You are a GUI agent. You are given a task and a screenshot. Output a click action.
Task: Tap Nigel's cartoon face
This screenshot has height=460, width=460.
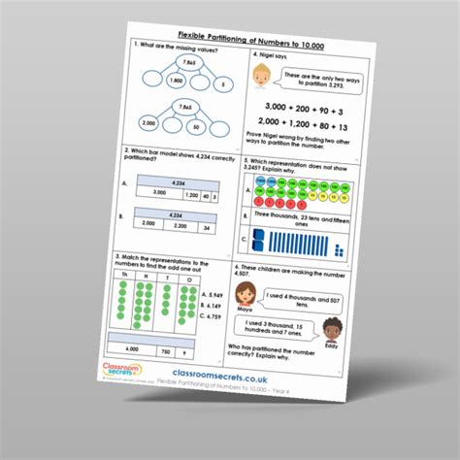click(260, 77)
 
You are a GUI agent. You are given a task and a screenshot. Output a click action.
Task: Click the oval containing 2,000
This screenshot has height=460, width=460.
click(148, 123)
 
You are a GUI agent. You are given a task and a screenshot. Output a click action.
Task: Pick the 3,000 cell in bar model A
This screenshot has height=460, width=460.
click(165, 194)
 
